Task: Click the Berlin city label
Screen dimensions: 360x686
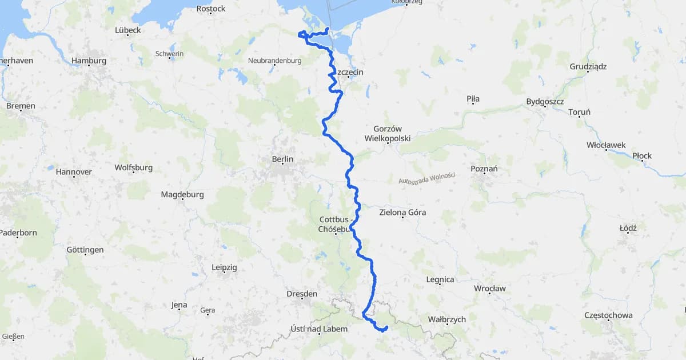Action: [x=283, y=159]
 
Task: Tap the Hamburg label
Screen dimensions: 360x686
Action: [x=89, y=61]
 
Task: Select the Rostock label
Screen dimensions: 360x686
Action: [x=210, y=9]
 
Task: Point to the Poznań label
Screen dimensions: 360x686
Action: [x=484, y=169]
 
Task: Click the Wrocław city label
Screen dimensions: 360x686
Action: [x=489, y=289]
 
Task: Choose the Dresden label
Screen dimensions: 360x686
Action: [x=302, y=294]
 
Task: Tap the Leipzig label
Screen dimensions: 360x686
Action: [x=224, y=267]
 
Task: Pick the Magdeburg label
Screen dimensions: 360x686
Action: [x=182, y=194]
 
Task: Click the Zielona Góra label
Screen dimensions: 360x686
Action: [x=402, y=213]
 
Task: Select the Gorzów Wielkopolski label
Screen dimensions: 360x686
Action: [x=387, y=134]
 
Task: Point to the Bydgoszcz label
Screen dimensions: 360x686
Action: [x=545, y=102]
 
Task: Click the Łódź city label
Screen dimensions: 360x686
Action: [x=628, y=228]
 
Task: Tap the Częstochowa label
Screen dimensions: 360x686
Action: [x=608, y=315]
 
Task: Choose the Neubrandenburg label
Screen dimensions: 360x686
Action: [x=274, y=61]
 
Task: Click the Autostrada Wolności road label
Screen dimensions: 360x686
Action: [x=426, y=178]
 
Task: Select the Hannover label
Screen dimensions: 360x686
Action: [x=74, y=171]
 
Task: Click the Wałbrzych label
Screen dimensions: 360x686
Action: [x=446, y=319]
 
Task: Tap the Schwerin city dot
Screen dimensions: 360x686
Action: [x=170, y=59]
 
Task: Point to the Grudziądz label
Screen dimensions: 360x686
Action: [x=588, y=66]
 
